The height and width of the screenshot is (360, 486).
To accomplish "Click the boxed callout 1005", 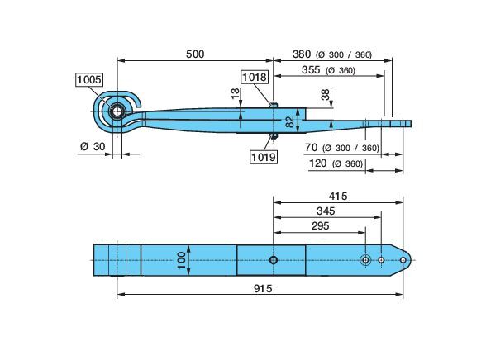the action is click(89, 80).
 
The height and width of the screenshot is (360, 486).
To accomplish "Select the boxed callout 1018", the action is click(255, 77).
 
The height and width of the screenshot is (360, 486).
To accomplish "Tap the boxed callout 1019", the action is click(264, 157).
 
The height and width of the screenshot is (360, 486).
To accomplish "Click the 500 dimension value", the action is click(195, 54).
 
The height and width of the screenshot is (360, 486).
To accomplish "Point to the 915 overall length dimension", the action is click(263, 289).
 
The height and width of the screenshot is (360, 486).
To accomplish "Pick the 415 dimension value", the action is click(338, 197).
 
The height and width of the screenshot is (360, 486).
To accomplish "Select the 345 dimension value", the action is click(326, 211).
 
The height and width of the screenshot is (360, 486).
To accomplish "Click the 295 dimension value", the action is click(320, 226).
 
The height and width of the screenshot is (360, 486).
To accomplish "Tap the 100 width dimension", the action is click(182, 260).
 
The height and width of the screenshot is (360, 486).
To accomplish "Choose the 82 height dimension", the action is click(289, 122).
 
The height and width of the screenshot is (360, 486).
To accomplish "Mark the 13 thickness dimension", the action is click(236, 93).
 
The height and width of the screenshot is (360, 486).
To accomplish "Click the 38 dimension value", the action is click(326, 94).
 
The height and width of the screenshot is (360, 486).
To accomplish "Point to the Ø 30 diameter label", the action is click(93, 146).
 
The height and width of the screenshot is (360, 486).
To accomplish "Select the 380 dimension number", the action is click(302, 54).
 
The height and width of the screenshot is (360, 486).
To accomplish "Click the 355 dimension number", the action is click(311, 70).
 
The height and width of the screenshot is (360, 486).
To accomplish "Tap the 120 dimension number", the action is click(317, 163).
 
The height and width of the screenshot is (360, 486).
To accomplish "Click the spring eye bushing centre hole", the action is click(117, 111).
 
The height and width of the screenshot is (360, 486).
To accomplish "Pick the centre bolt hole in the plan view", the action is click(273, 260).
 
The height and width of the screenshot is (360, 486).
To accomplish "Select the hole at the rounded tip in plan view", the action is click(403, 260).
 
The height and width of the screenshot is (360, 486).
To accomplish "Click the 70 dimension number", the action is click(311, 148).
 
